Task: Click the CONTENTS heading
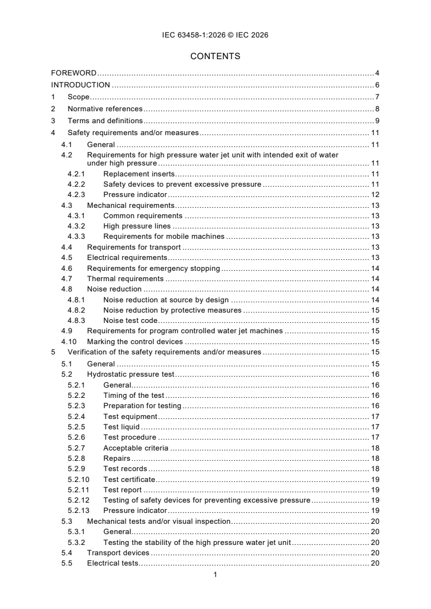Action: point(215,56)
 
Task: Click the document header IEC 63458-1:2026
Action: point(215,35)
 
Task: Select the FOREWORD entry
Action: point(74,72)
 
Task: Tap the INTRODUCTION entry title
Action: point(80,85)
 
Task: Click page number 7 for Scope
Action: point(377,97)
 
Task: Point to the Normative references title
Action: point(105,109)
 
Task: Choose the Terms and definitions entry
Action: point(105,120)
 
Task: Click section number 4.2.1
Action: point(76,174)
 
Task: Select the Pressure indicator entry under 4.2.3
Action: point(135,194)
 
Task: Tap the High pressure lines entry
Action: point(136,226)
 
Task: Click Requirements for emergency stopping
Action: point(153,268)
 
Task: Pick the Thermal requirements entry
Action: point(125,278)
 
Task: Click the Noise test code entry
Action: point(130,320)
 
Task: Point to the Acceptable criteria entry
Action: point(135,448)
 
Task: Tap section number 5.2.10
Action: point(78,479)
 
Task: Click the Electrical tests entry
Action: point(113,563)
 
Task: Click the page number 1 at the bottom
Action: point(215,574)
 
